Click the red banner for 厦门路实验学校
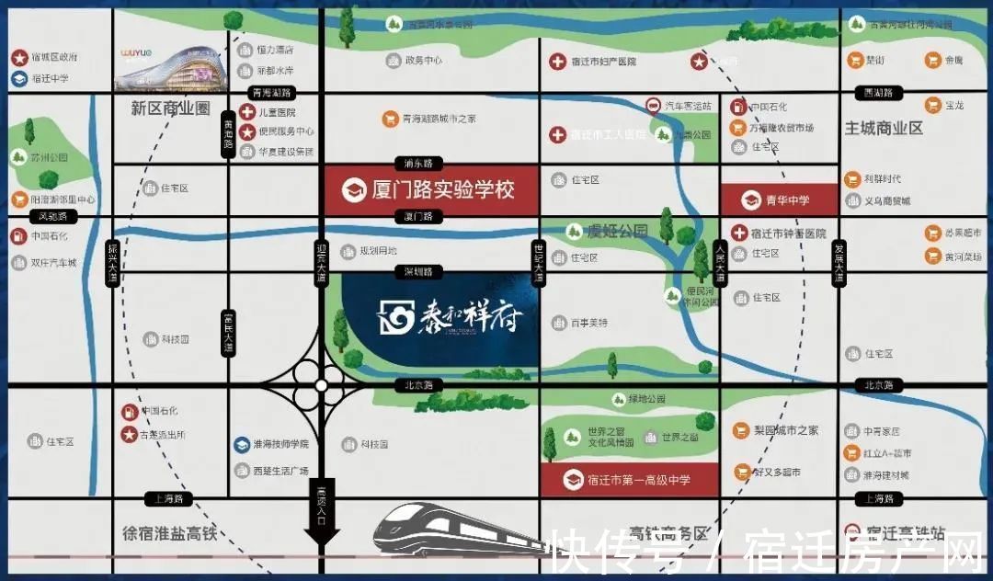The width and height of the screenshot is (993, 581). (x=430, y=191)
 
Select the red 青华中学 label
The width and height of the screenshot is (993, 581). (x=779, y=199)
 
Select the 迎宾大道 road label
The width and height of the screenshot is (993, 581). (x=321, y=263)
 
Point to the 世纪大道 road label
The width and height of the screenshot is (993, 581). (x=540, y=263)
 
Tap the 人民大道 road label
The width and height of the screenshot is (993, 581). (x=721, y=263)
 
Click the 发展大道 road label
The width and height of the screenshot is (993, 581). (x=838, y=263)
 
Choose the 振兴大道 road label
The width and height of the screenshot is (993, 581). (x=112, y=263)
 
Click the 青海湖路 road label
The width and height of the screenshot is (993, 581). (x=270, y=93)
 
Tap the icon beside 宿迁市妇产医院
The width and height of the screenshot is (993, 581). (x=556, y=63)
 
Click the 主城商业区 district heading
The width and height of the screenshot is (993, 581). (x=884, y=129)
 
